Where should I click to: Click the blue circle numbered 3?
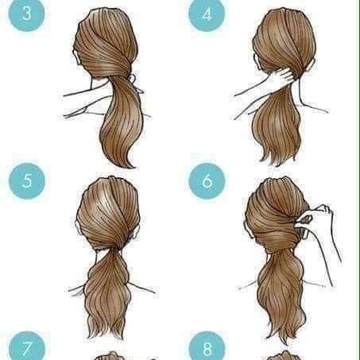tap(26, 14)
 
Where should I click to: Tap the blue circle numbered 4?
tap(207, 14)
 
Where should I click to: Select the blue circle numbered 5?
tap(27, 181)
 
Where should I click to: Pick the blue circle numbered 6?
tap(207, 181)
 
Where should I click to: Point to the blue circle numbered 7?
tap(27, 346)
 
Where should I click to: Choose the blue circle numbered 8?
tap(207, 346)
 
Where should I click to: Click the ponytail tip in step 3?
tap(130, 165)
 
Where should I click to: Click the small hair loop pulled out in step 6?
tap(306, 219)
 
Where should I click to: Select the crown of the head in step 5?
tap(110, 185)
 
